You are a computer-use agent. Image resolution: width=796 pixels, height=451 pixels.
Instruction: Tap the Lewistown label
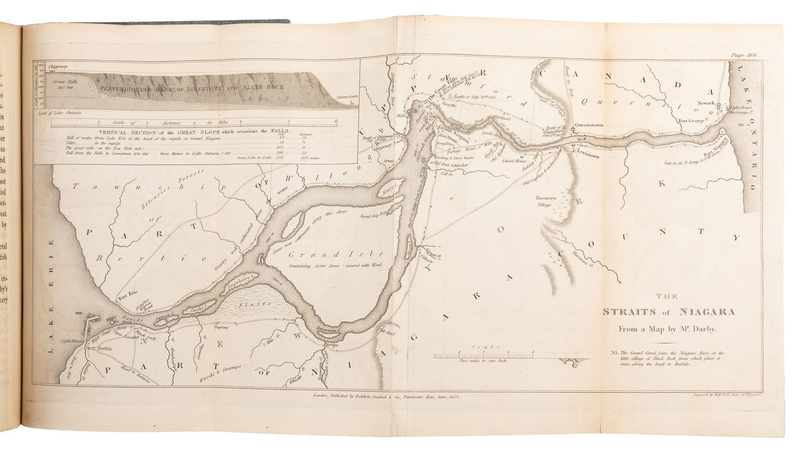click(x=588, y=156)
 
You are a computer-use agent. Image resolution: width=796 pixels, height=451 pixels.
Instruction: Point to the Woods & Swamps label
click(x=221, y=372)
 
